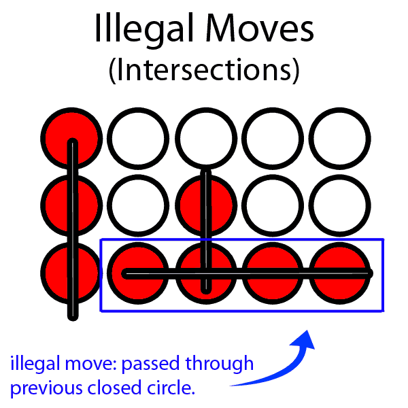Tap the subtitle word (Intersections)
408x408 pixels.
pyautogui.click(x=204, y=69)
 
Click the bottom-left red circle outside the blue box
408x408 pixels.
pyautogui.click(x=68, y=274)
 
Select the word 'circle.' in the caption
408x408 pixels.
pyautogui.click(x=171, y=390)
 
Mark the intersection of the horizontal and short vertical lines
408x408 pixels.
pyautogui.click(x=205, y=274)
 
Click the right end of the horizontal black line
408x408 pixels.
pyautogui.click(x=370, y=274)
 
